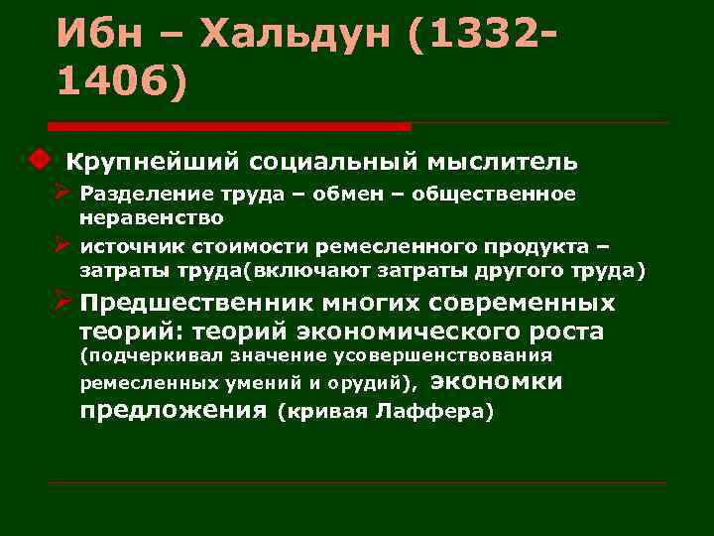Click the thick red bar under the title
tap(229, 126)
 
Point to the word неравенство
tap(152, 216)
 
